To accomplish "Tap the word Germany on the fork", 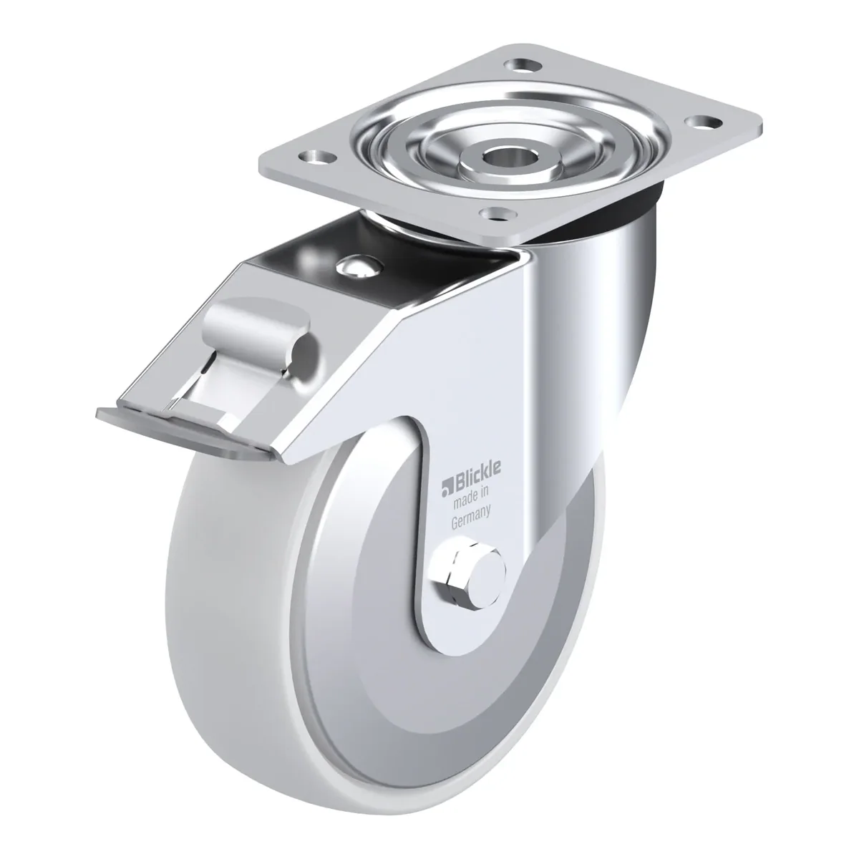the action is coord(471,518).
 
